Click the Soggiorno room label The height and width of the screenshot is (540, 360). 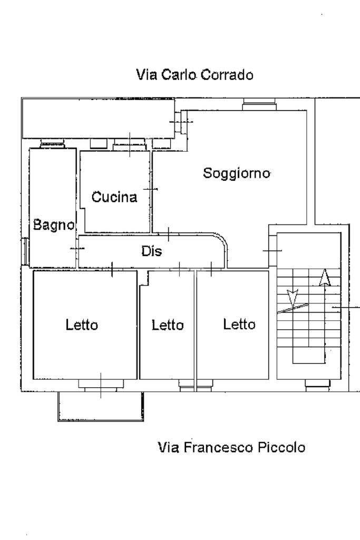pos(236,173)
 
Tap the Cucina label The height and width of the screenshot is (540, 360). pos(114,197)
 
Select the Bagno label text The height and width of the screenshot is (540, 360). pos(54,225)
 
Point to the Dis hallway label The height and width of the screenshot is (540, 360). pos(152,251)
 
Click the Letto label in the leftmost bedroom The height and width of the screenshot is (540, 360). pos(82,325)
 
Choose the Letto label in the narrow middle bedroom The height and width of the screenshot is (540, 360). pos(168,325)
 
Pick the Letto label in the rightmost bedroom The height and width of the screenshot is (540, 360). pos(239,325)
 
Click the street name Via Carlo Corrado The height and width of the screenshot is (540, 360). pos(194,75)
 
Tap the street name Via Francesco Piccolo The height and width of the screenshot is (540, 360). pos(231,447)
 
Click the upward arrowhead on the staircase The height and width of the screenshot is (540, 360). pos(325,278)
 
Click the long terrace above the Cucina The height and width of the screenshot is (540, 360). pos(98,118)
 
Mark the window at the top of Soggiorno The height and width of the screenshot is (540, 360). pos(259,104)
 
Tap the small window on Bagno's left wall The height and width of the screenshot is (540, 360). pos(25,251)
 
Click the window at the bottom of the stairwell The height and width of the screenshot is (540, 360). pos(318,385)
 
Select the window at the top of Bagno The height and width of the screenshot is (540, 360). pos(52,143)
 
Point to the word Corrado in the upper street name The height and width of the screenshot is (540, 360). pos(227,75)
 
